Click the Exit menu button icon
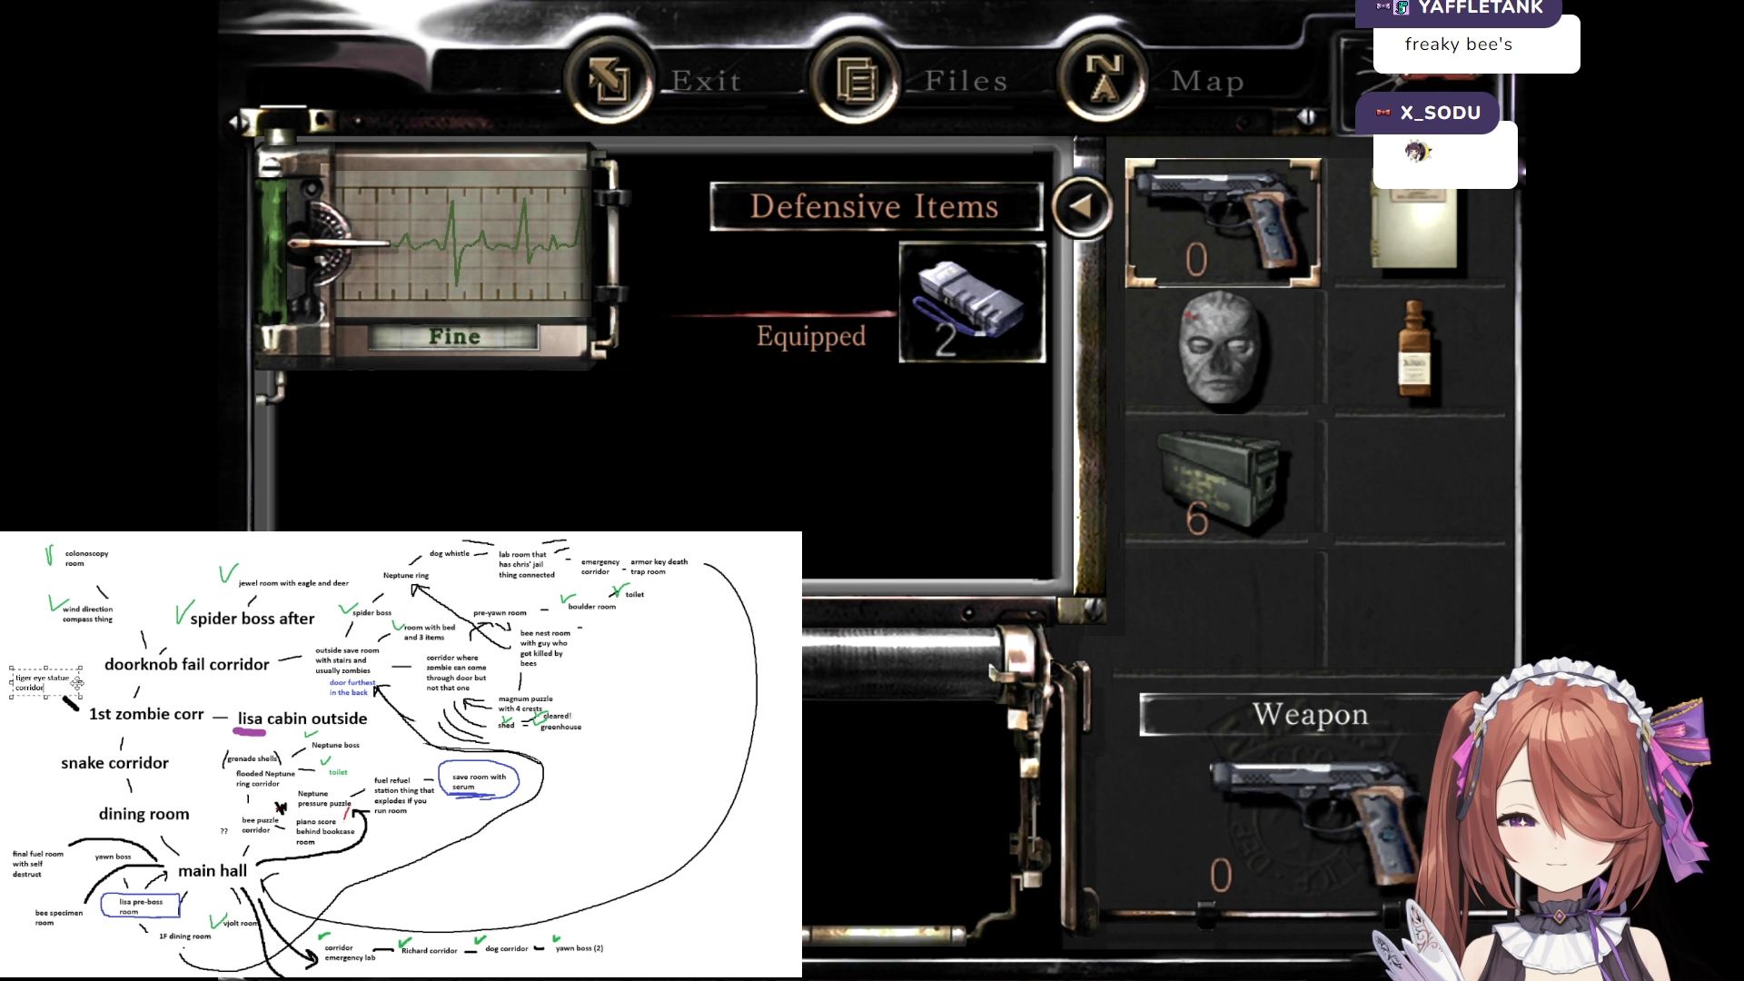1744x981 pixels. pos(609,80)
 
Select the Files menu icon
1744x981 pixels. pos(855,80)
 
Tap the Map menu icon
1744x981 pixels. pos(1104,80)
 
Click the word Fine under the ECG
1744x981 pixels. pos(454,337)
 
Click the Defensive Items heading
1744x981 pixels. pos(875,207)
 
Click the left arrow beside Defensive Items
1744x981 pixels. pos(1081,207)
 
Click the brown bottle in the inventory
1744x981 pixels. pos(1413,351)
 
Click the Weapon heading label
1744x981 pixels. pos(1310,715)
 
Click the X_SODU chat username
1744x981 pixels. pos(1440,114)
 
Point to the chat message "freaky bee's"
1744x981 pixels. pos(1458,45)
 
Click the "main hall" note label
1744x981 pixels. pos(213,871)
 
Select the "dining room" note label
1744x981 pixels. pos(144,815)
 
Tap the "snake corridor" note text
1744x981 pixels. pos(115,764)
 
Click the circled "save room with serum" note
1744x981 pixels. pos(479,781)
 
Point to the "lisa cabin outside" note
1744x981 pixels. pos(302,719)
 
